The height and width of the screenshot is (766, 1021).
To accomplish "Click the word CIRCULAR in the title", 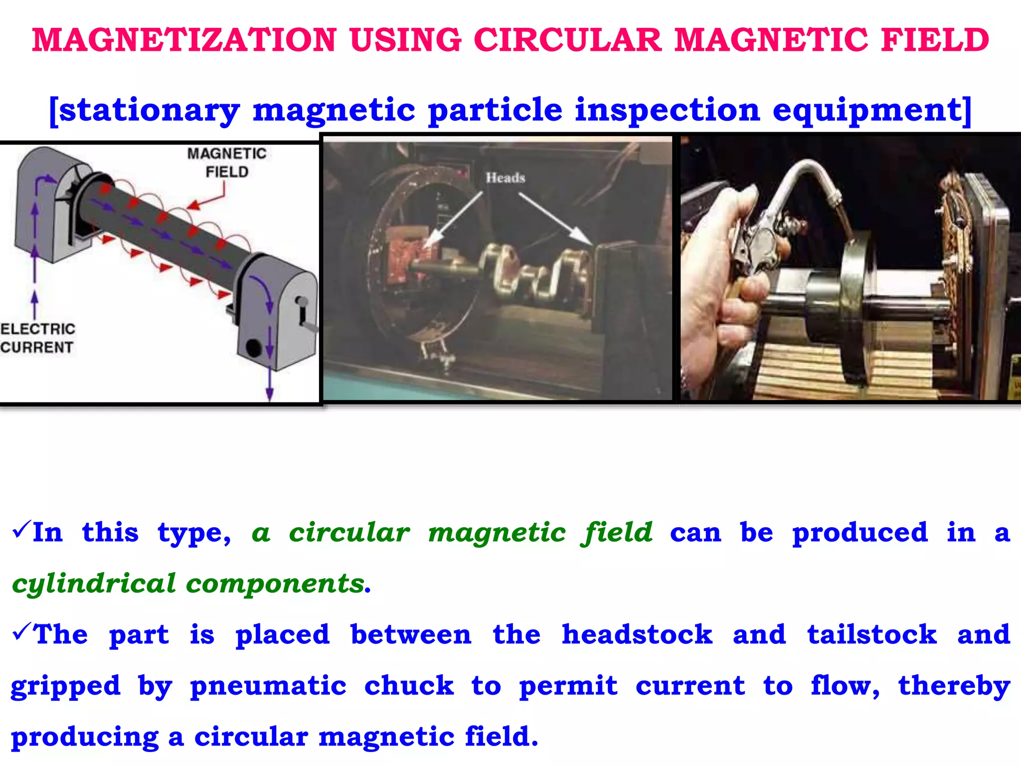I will [567, 40].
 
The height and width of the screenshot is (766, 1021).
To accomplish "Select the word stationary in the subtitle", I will [150, 111].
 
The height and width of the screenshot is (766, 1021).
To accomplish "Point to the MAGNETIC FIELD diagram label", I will [227, 163].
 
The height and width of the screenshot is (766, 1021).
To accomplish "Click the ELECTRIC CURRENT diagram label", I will [37, 338].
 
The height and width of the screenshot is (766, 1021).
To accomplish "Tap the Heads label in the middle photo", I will [506, 178].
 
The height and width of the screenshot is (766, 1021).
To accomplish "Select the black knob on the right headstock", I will [253, 348].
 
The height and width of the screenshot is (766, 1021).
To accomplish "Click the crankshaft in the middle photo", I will [528, 272].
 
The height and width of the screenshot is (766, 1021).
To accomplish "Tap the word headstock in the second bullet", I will [637, 635].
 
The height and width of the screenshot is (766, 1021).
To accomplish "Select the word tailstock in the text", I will [872, 635].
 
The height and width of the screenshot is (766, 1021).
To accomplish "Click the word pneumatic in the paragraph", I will [268, 686].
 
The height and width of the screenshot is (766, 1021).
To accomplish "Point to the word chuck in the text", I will [409, 686].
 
